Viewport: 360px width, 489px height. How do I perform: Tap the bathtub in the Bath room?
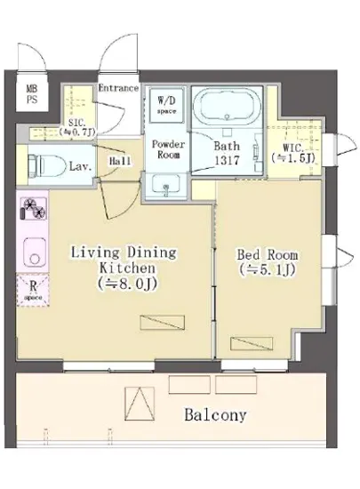coord(227,107)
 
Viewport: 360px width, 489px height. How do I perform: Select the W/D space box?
coord(166,105)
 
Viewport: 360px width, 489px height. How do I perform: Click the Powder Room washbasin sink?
coord(166,186)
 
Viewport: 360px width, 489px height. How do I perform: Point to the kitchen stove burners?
coord(33,208)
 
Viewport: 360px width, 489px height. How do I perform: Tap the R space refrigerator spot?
coord(33,290)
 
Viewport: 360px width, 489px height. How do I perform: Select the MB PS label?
coord(31,93)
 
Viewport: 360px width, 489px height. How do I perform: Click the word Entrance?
coord(118,88)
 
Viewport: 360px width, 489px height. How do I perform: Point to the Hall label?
coord(120,161)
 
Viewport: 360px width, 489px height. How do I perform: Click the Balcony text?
coord(215,415)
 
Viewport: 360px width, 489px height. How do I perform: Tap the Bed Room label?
coord(268,255)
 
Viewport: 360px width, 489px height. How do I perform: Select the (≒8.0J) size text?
coord(127,284)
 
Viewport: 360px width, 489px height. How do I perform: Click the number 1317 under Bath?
coord(227,160)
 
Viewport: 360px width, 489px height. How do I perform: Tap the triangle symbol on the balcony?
coord(140,404)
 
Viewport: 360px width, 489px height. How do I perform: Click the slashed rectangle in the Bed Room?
coord(252,343)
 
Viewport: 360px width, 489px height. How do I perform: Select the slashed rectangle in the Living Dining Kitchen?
coord(163,323)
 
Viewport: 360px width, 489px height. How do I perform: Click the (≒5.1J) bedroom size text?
coord(268,270)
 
